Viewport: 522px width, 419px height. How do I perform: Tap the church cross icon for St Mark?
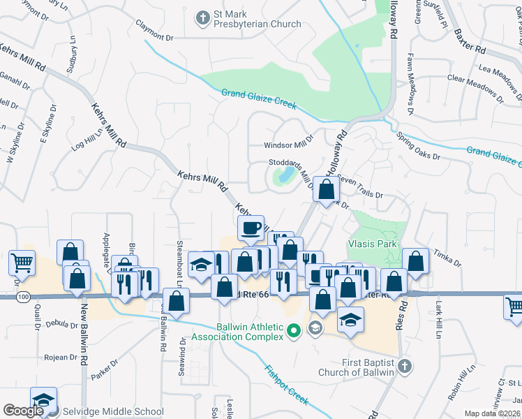(202, 17)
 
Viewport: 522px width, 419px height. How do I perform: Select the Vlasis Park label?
(373, 244)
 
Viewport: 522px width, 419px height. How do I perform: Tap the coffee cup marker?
(251, 228)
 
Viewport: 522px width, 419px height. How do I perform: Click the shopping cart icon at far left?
(22, 263)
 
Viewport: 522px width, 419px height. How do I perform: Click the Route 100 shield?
(22, 297)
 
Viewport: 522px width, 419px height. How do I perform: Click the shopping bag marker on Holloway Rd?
(327, 189)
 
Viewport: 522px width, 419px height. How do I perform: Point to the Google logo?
(23, 411)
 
